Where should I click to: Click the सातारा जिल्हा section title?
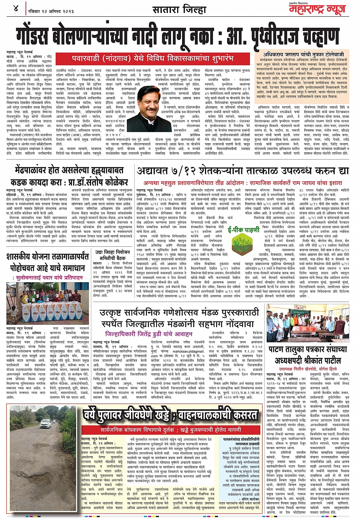179,9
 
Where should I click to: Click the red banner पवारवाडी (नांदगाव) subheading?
152,58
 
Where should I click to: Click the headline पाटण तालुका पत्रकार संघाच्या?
307,349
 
